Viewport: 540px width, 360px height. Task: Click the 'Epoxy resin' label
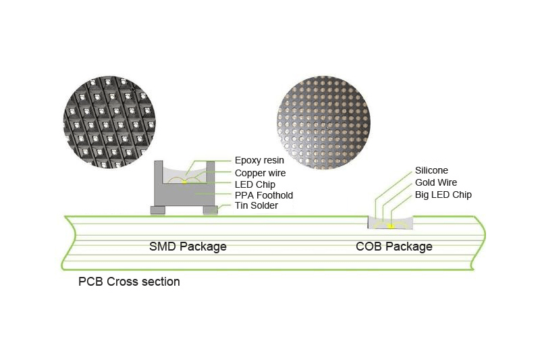259,161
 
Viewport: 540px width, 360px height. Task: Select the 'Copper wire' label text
260,173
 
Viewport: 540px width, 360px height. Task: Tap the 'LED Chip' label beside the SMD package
254,184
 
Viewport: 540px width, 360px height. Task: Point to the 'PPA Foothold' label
263,196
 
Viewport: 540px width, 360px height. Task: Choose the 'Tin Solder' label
257,206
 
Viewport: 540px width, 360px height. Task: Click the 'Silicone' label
431,171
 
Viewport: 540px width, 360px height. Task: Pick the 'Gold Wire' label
435,182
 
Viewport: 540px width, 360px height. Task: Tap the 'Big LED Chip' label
443,195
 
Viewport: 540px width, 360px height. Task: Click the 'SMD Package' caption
188,247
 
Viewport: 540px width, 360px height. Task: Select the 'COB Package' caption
394,247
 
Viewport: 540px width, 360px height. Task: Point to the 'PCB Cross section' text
129,282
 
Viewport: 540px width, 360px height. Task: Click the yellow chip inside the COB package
389,225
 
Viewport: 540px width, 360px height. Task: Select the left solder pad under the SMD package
157,211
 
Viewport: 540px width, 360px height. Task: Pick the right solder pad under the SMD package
211,211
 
